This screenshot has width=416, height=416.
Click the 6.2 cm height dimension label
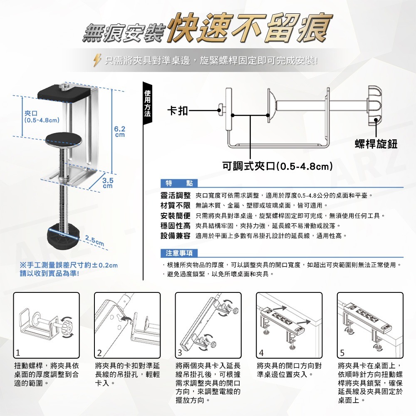120,132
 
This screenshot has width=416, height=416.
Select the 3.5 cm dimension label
108,183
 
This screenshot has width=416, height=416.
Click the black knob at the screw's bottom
62,238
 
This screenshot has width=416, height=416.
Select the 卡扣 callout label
177,110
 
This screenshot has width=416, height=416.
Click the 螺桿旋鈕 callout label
376,144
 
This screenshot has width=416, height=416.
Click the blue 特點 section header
178,183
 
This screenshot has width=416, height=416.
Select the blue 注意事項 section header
179,253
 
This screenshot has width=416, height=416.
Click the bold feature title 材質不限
176,206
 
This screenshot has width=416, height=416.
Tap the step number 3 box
179,353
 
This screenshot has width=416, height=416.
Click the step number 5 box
342,353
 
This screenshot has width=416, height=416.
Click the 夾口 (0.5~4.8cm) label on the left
40,116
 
